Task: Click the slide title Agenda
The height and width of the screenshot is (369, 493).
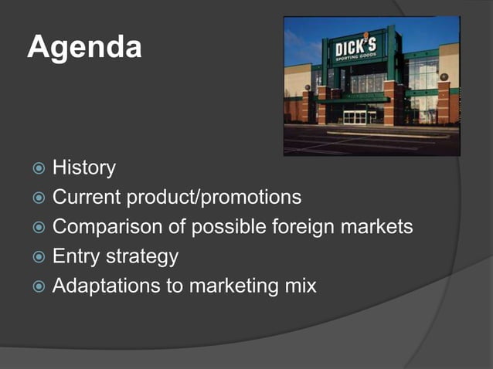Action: pyautogui.click(x=85, y=48)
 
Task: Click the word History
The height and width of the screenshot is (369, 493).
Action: pyautogui.click(x=84, y=168)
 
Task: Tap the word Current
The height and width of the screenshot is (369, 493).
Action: pyautogui.click(x=87, y=197)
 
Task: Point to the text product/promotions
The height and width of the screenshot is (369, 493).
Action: pyautogui.click(x=214, y=198)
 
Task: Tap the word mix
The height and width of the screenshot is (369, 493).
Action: pyautogui.click(x=300, y=285)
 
